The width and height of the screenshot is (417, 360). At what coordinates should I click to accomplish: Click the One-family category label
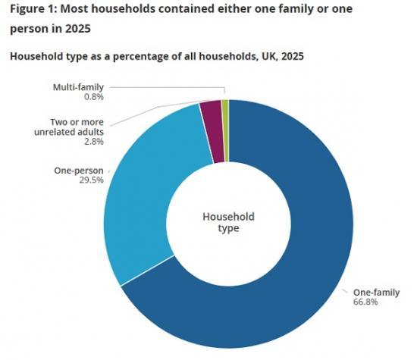coord(370,292)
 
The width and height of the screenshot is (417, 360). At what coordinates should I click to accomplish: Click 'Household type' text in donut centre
coord(228,222)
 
